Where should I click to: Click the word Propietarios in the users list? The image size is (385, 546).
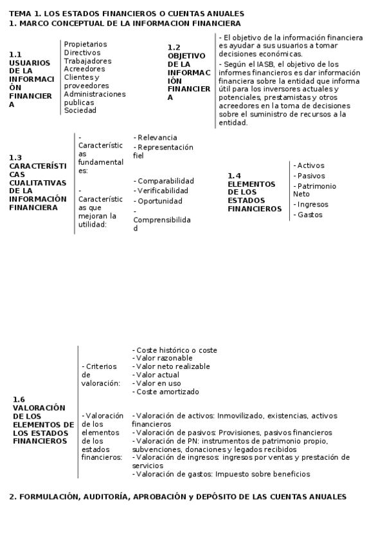(85, 44)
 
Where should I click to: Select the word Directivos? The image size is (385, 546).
(82, 53)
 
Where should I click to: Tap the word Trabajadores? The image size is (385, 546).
(87, 61)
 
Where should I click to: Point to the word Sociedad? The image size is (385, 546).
(80, 110)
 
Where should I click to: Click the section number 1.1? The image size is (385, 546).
(15, 55)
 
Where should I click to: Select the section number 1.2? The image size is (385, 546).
(174, 48)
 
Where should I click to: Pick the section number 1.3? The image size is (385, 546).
(15, 158)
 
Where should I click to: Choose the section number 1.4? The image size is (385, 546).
(234, 176)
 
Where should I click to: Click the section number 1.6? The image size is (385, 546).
(19, 400)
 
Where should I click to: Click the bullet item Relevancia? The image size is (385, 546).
(157, 138)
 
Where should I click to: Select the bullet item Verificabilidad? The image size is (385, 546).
(163, 191)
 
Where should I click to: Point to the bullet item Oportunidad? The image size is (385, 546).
(159, 202)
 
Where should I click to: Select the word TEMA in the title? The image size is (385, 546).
(20, 14)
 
